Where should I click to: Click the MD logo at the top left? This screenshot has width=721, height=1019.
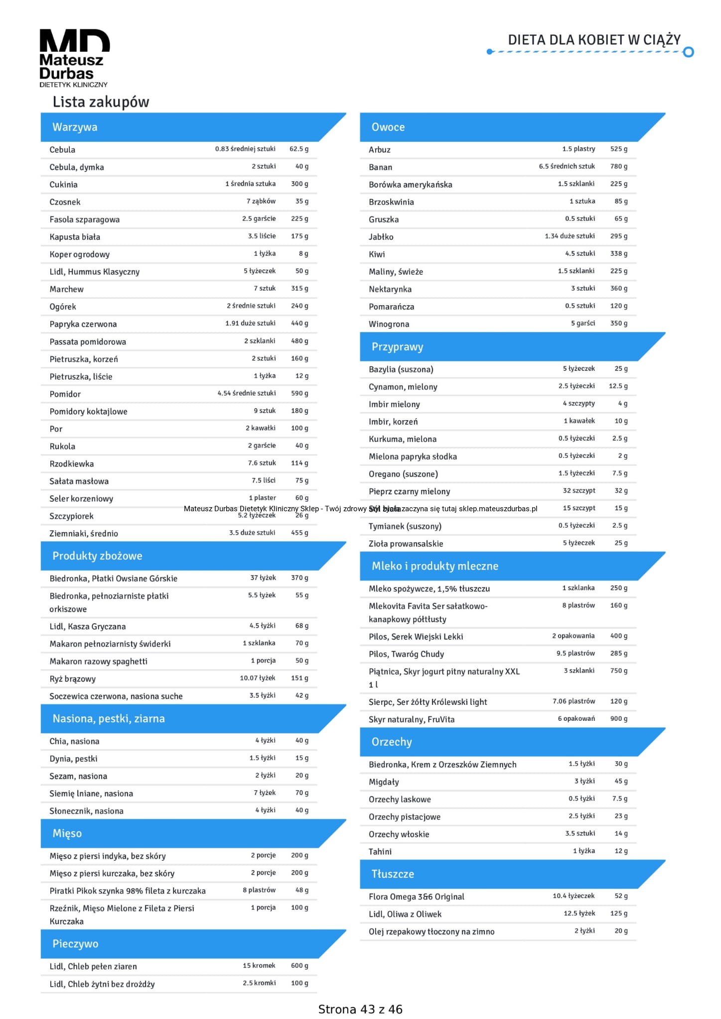pyautogui.click(x=74, y=58)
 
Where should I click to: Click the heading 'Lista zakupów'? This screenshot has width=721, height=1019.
pyautogui.click(x=101, y=102)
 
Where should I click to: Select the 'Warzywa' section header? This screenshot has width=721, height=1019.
pyautogui.click(x=75, y=127)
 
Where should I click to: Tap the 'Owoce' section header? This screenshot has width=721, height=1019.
pyautogui.click(x=388, y=127)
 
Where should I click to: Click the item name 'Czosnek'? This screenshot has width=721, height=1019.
pyautogui.click(x=65, y=202)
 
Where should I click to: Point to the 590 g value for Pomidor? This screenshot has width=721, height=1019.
pyautogui.click(x=299, y=393)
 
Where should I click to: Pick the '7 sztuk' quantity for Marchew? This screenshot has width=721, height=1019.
pyautogui.click(x=264, y=289)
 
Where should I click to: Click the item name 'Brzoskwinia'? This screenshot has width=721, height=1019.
pyautogui.click(x=391, y=202)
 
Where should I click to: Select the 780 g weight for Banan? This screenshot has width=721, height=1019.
pyautogui.click(x=618, y=167)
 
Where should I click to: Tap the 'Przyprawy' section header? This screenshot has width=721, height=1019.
pyautogui.click(x=397, y=347)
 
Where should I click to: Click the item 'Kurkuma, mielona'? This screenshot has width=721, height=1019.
pyautogui.click(x=402, y=439)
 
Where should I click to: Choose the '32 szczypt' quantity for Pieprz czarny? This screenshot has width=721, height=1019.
pyautogui.click(x=578, y=491)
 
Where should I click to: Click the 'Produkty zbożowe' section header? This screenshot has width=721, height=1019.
pyautogui.click(x=97, y=556)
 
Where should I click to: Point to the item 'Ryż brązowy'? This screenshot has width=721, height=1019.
pyautogui.click(x=72, y=679)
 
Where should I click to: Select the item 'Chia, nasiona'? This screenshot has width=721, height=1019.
pyautogui.click(x=74, y=741)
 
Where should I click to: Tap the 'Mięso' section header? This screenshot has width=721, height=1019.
pyautogui.click(x=67, y=833)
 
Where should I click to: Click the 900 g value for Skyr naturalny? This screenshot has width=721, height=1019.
pyautogui.click(x=618, y=719)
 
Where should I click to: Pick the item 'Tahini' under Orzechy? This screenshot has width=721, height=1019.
pyautogui.click(x=380, y=852)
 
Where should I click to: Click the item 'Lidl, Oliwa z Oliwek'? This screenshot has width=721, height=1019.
pyautogui.click(x=405, y=914)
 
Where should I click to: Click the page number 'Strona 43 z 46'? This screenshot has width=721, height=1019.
pyautogui.click(x=360, y=1010)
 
